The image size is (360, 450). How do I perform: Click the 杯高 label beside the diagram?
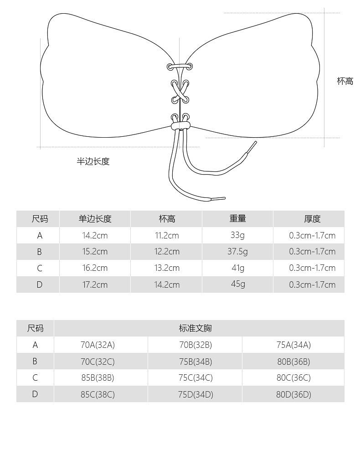pyautogui.click(x=345, y=82)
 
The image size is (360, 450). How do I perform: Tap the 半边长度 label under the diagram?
pyautogui.click(x=93, y=161)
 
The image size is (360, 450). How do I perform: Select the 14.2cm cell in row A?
pyautogui.click(x=95, y=235)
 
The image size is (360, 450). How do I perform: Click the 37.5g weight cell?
pyautogui.click(x=237, y=251)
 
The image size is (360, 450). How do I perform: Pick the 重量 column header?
pyautogui.click(x=237, y=219)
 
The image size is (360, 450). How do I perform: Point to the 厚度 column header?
pyautogui.click(x=312, y=219)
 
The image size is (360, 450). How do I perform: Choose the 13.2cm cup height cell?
pyautogui.click(x=167, y=268)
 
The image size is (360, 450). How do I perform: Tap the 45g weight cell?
pyautogui.click(x=237, y=284)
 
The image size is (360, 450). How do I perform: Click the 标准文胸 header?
pyautogui.click(x=195, y=328)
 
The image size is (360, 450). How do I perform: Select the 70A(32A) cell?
pyautogui.click(x=98, y=345)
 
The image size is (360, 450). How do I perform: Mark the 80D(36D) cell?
pyautogui.click(x=293, y=394)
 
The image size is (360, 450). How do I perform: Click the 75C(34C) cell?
pyautogui.click(x=195, y=378)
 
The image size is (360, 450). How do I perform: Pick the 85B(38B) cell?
pyautogui.click(x=98, y=378)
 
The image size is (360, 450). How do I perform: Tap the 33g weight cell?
pyautogui.click(x=237, y=235)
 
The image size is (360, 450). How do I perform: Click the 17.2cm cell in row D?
pyautogui.click(x=95, y=284)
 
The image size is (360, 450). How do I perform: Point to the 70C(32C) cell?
pyautogui.click(x=98, y=362)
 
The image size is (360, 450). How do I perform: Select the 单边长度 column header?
pyautogui.click(x=95, y=219)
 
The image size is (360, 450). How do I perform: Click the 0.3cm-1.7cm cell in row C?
pyautogui.click(x=312, y=268)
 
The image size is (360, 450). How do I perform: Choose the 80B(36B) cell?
pyautogui.click(x=293, y=362)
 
